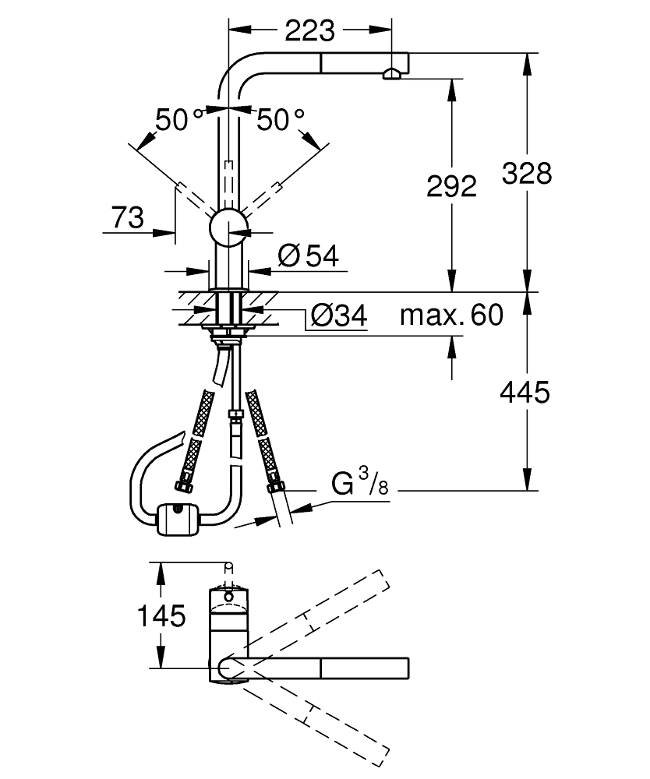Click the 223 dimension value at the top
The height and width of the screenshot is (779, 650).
[309, 30]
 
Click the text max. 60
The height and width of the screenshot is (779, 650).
[451, 315]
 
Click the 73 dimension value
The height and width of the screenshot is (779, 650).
[128, 219]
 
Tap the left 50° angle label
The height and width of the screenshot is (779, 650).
[178, 120]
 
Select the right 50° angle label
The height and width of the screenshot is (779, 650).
[281, 120]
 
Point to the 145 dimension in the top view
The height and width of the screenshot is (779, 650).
[161, 616]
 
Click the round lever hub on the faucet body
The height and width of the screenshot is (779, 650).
[228, 227]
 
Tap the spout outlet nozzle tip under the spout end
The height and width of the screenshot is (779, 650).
[390, 75]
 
